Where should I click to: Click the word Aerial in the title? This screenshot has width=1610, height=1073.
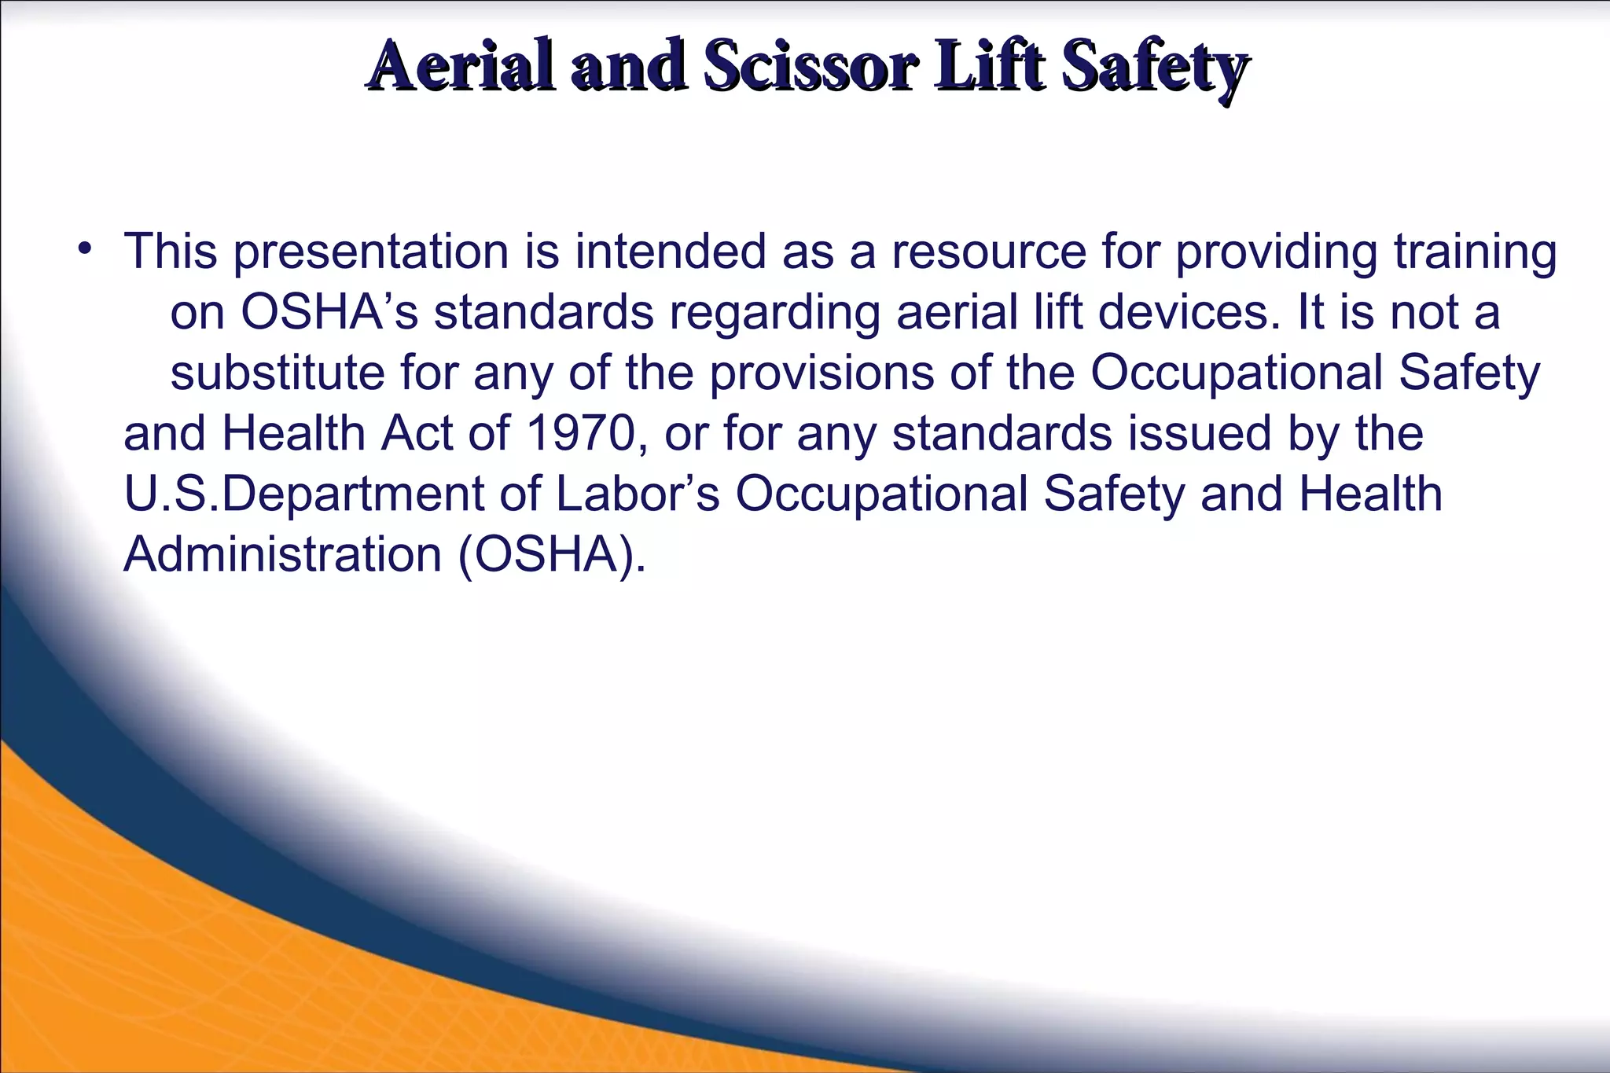coord(463,66)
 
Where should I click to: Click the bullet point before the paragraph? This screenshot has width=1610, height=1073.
coord(86,251)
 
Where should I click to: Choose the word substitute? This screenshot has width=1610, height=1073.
coord(278,373)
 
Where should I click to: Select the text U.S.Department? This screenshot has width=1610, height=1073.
coord(304,494)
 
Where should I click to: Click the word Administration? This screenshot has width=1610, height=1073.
coord(283,555)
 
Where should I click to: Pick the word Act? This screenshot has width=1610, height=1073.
coord(417,433)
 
